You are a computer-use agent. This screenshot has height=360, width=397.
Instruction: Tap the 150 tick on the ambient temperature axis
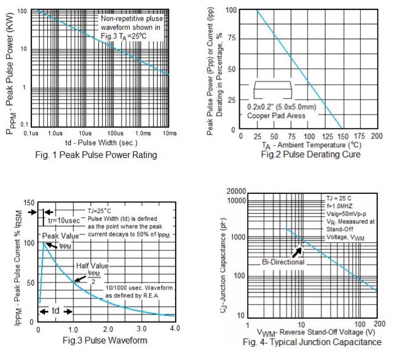pyautogui.click(x=344, y=136)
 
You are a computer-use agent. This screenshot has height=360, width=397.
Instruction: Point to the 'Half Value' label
pyautogui.click(x=92, y=266)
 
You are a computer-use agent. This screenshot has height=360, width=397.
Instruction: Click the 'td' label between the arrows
pyautogui.click(x=55, y=311)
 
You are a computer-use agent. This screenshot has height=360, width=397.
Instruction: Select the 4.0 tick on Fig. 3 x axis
pyautogui.click(x=175, y=329)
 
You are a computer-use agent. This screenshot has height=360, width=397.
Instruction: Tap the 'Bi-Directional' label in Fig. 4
pyautogui.click(x=283, y=262)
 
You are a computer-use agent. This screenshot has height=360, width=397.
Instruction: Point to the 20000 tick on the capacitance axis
pyautogui.click(x=236, y=191)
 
